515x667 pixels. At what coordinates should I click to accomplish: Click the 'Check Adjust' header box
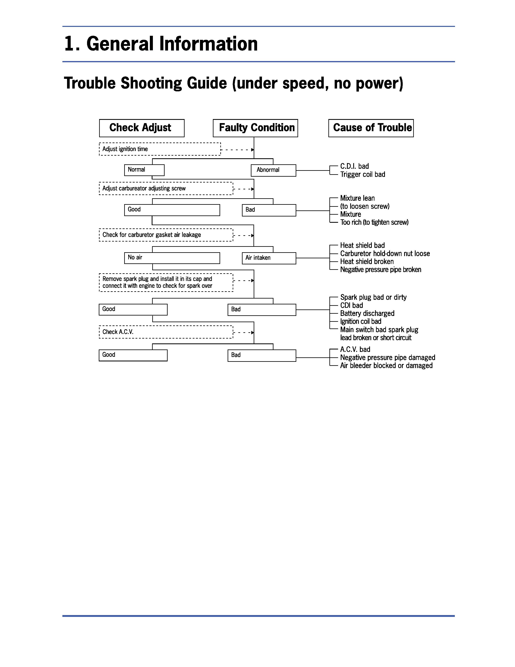[x=142, y=128]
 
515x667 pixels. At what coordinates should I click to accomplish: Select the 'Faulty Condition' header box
[x=255, y=128]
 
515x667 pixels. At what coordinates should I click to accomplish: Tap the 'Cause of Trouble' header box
[x=371, y=128]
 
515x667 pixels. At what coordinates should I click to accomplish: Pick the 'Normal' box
[x=144, y=170]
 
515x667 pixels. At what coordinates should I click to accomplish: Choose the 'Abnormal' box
[x=273, y=170]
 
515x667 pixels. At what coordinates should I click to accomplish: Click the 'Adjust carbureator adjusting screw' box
[x=166, y=188]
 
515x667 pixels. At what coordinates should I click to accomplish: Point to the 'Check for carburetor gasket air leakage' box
[x=166, y=235]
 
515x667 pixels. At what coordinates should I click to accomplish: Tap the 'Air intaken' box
[x=269, y=258]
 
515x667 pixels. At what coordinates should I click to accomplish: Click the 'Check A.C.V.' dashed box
[x=166, y=332]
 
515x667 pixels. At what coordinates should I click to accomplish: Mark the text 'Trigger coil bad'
[x=363, y=174]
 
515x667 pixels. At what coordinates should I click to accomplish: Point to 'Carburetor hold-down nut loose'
[x=385, y=253]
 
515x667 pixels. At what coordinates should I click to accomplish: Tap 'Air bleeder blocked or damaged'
[x=386, y=366]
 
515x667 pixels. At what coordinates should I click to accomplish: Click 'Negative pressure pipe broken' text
[x=380, y=270]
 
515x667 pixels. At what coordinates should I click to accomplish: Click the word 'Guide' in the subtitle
[x=207, y=83]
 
